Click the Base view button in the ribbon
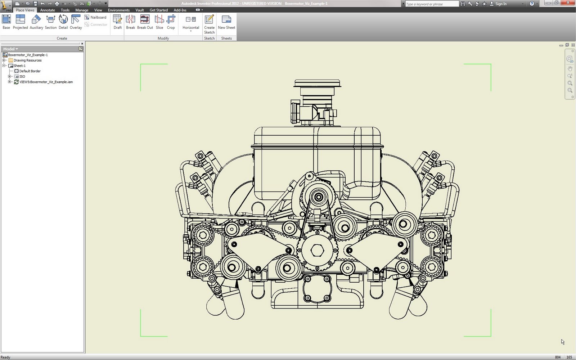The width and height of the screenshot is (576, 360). coord(6,22)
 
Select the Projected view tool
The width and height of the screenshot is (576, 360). coord(20,22)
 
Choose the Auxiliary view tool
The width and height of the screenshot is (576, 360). coord(36,22)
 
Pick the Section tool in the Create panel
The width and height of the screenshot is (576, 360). coord(51,22)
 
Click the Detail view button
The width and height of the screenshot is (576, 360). coord(63,22)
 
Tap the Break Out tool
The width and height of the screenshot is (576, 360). coord(145,22)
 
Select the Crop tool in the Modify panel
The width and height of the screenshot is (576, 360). coord(171,22)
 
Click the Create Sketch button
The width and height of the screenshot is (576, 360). coord(209,24)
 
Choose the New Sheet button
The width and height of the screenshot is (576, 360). coord(226,22)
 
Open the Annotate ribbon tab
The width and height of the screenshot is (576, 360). coord(48,10)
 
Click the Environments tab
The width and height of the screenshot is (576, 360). coord(118,10)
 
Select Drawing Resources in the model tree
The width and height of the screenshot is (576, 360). coord(27,60)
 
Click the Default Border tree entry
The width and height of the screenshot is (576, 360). coord(30,71)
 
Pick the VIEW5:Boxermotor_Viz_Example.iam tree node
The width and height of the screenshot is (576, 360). coord(46,82)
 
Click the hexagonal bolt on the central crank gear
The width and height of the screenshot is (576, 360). coord(317,250)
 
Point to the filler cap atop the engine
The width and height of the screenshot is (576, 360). coord(317,84)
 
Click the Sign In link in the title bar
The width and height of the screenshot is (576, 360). coord(501,4)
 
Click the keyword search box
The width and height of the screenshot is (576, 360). coord(431,4)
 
